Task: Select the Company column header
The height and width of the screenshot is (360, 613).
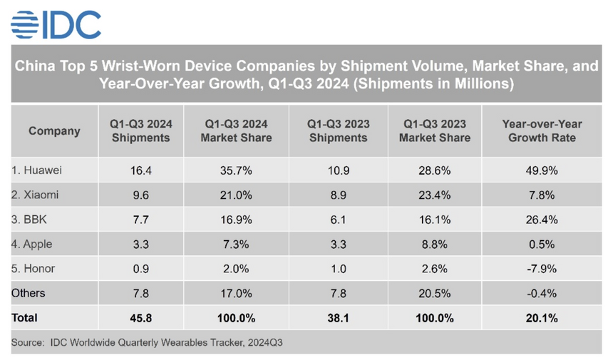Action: pos(54,131)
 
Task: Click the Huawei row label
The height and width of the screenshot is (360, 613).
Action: pos(37,171)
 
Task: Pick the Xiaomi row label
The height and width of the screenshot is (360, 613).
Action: pos(36,195)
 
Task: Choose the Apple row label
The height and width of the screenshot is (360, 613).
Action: pos(33,245)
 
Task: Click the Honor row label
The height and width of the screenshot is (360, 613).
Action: pos(34,269)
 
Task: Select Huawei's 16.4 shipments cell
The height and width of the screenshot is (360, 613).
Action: pos(140,171)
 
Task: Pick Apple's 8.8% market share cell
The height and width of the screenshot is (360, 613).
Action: pos(435,245)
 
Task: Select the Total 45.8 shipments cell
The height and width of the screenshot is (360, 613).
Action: pos(140,317)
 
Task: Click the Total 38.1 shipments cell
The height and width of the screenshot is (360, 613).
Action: pos(339,317)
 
